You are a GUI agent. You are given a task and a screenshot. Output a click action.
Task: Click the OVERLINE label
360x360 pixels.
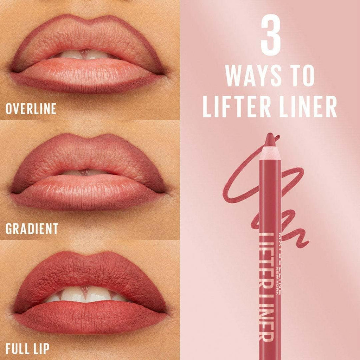[31, 108]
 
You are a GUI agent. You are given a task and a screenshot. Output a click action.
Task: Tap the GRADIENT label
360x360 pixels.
[32, 229]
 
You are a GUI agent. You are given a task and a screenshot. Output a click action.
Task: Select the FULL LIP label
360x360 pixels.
[27, 349]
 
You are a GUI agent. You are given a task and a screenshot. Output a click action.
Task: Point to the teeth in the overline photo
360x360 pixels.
[84, 54]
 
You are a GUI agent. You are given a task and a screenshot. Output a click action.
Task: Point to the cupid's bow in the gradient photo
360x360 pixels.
[86, 138]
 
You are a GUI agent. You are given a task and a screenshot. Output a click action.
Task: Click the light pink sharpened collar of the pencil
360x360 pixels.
[270, 153]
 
